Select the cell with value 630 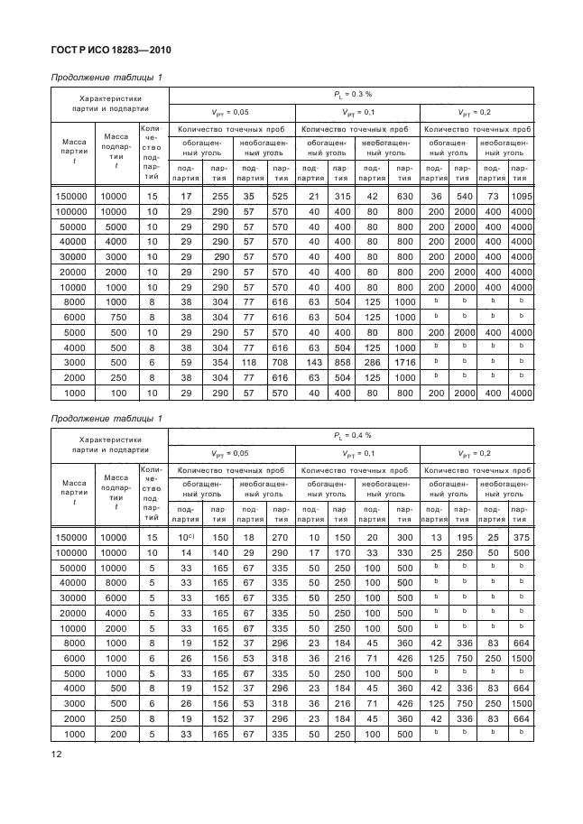coord(403,196)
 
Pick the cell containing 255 coord(217,196)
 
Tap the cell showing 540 coord(463,196)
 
